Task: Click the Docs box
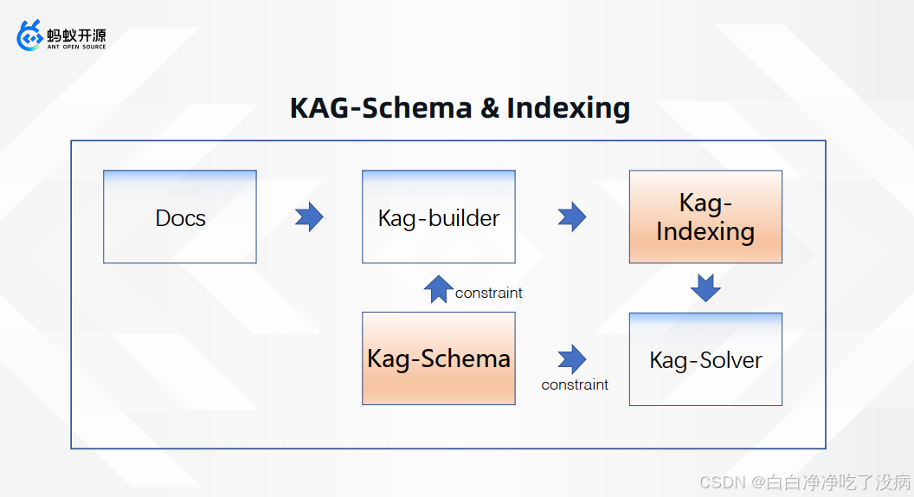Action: pos(180,216)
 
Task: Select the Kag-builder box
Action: pos(438,216)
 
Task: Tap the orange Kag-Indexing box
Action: pos(705,216)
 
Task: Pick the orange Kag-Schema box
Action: pos(438,358)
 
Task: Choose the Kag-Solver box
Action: pos(705,359)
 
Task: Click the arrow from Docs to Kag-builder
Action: pos(309,216)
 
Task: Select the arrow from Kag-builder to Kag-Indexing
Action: pos(572,216)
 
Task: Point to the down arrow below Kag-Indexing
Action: pos(705,287)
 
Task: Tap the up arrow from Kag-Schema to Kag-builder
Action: pos(439,288)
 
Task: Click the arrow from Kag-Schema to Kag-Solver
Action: pos(572,358)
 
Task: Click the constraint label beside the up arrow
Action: pos(488,293)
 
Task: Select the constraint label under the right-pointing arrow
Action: pos(575,384)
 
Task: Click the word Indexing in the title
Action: pos(569,108)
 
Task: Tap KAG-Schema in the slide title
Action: pos(381,108)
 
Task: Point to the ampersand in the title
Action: pos(489,108)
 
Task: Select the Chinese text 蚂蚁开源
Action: pos(76,35)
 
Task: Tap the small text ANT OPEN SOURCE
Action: pos(76,47)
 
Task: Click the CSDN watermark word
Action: pos(718,481)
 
